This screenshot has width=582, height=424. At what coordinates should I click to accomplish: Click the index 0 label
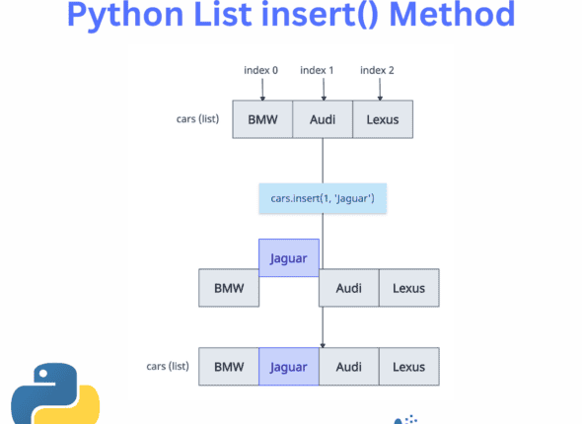point(262,69)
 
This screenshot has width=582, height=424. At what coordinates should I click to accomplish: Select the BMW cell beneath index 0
point(262,119)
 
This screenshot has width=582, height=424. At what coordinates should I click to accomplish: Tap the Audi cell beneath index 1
point(323,119)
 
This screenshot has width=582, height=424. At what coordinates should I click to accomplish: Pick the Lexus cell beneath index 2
point(383,119)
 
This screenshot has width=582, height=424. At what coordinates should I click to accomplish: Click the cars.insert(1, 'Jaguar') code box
point(323,198)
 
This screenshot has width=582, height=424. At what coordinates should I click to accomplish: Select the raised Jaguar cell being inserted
point(289,257)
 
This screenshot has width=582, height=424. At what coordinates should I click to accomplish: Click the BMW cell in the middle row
point(228,288)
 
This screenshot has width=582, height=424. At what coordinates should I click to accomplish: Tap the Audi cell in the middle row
point(348,288)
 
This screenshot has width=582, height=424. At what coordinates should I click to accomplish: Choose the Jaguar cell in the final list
point(289,367)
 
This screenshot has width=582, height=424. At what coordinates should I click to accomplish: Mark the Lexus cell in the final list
point(408,367)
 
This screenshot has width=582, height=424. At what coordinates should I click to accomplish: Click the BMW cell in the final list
point(228,367)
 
